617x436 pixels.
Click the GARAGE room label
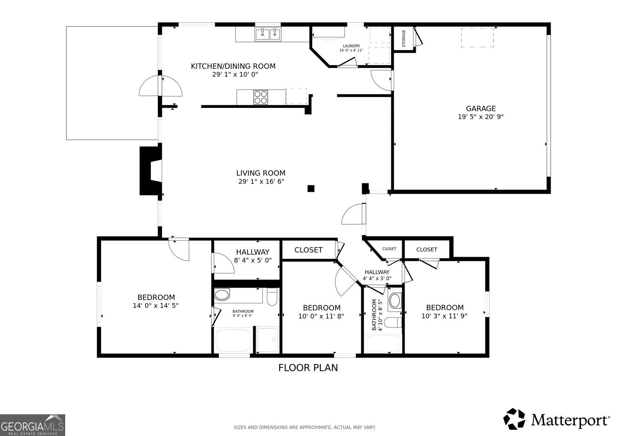[480, 109]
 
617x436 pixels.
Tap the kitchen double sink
[268, 34]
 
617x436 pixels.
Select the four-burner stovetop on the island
[261, 97]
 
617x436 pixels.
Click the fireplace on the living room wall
[150, 171]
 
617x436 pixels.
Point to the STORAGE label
[404, 39]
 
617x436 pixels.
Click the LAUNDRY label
[351, 46]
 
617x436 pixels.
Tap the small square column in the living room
[311, 189]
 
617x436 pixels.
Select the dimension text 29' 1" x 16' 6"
[261, 181]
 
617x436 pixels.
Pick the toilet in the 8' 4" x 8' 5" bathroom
[272, 297]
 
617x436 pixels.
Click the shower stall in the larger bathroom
[268, 340]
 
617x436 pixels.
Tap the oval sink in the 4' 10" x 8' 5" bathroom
[395, 301]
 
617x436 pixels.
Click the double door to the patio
[160, 86]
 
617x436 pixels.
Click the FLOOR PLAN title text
[308, 368]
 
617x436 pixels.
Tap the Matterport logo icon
[514, 419]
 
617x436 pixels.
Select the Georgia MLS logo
[32, 425]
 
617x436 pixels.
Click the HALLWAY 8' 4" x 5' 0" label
[253, 256]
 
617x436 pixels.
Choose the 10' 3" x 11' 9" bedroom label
[445, 311]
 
